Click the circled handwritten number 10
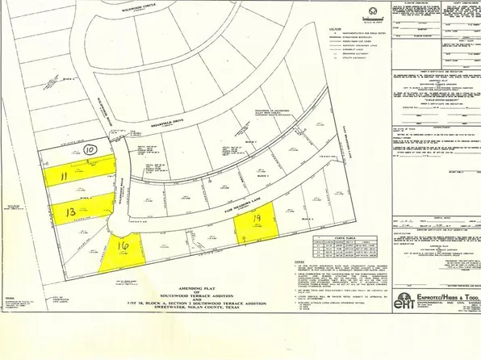pyautogui.click(x=91, y=149)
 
